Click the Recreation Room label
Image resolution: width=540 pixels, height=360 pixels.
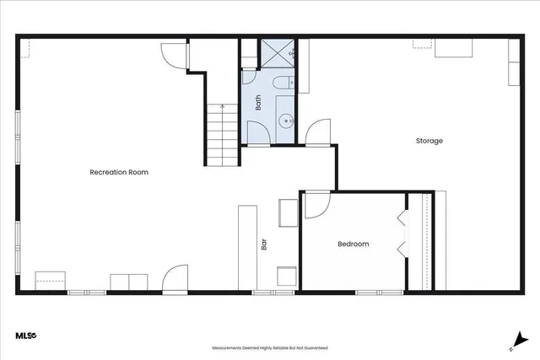119,172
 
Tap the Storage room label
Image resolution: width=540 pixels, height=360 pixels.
429,141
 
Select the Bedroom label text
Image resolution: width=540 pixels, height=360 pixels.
354,244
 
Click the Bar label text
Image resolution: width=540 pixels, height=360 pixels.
263,245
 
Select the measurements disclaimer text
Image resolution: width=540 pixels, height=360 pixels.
270,347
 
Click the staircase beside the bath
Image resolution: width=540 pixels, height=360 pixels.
221,135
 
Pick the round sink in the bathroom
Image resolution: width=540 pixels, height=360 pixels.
285,120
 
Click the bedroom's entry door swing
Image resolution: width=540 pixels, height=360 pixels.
315,203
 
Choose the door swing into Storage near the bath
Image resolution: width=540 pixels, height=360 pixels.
318,133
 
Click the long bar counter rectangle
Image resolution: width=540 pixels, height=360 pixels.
247,249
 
